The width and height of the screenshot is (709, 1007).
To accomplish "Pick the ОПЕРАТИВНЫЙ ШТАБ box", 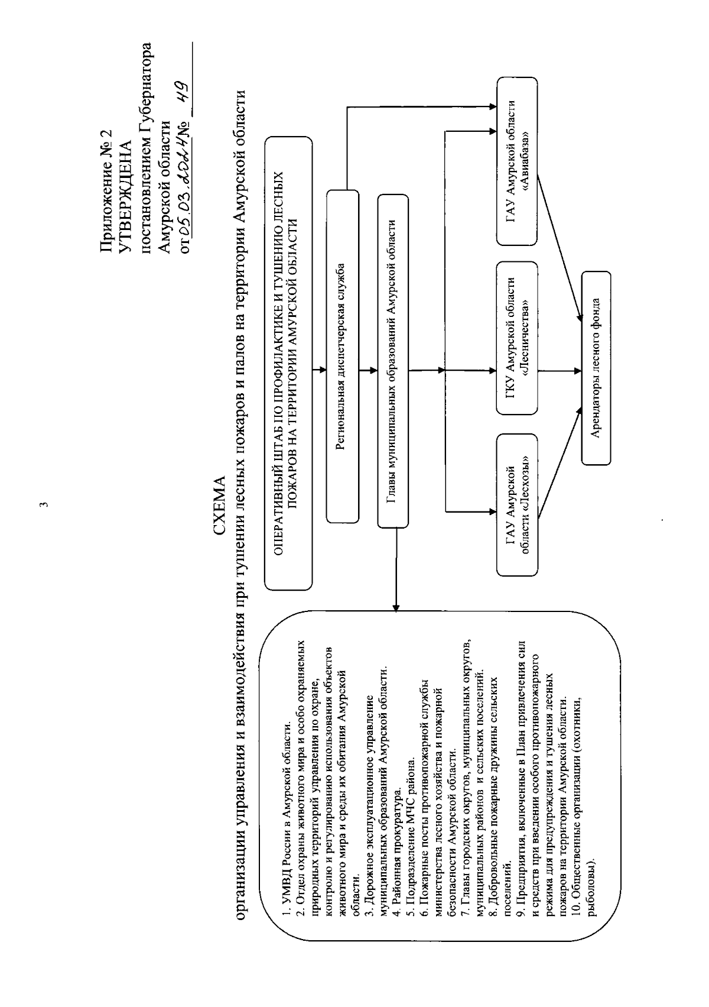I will (288, 363).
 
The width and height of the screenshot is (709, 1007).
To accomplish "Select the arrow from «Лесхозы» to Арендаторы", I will (558, 467).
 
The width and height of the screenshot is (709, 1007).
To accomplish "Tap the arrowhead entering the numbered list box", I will (396, 606).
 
